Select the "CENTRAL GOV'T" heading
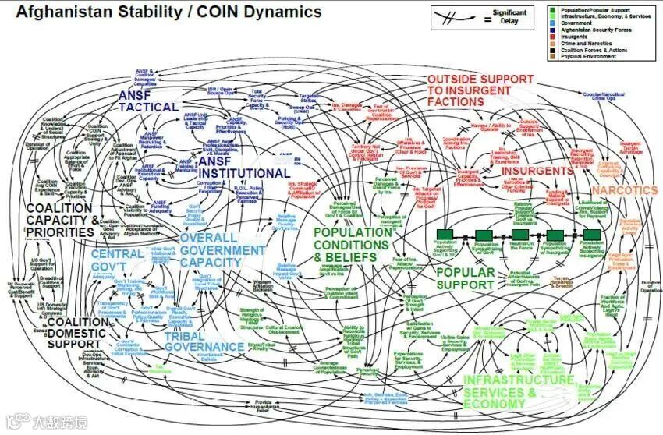[116, 255]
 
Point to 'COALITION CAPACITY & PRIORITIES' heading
[62, 220]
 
